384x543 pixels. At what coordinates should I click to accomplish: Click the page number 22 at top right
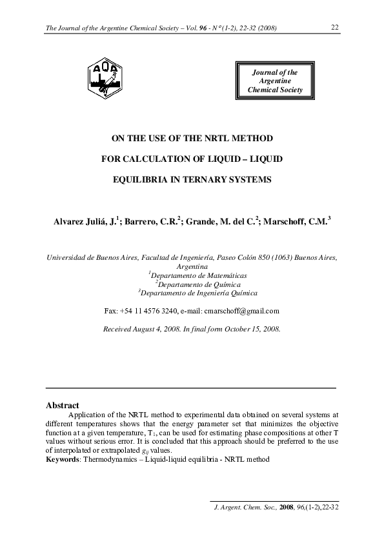pyautogui.click(x=335, y=27)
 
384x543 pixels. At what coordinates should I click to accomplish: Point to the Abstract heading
pyautogui.click(x=63, y=406)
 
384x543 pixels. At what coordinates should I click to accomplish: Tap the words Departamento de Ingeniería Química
pyautogui.click(x=192, y=293)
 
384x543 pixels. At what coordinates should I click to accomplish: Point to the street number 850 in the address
pyautogui.click(x=249, y=257)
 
